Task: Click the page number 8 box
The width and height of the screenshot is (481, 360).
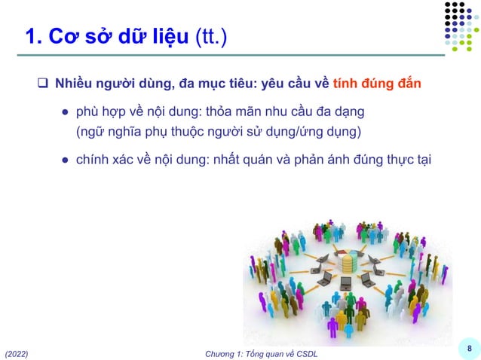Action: (x=469, y=348)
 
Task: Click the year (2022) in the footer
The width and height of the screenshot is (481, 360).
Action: (x=18, y=353)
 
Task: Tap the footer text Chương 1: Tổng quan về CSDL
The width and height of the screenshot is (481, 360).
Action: (x=262, y=353)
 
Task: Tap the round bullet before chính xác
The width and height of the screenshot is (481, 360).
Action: (x=66, y=160)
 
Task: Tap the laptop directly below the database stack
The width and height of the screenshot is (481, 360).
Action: (x=346, y=284)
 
